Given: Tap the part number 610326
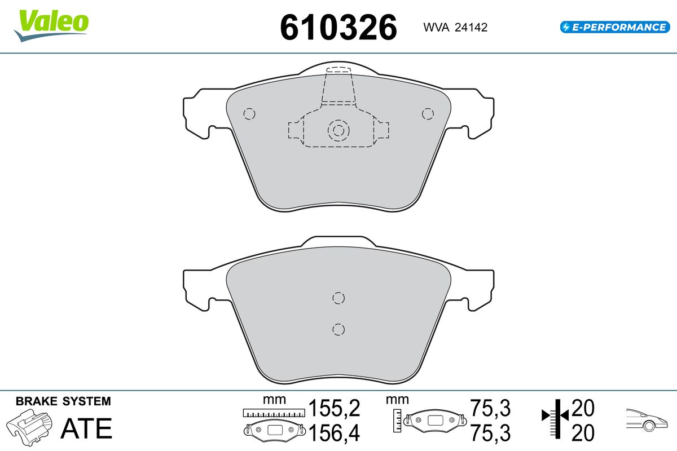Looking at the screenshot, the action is coord(338,28).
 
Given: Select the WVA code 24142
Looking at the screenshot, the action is coord(471,28).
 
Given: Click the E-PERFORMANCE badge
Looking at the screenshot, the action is coord(615,27).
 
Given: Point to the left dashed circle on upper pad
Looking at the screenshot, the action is coord(249,114).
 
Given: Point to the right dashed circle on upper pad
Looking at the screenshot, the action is coord(428,114).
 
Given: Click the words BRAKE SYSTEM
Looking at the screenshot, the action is coord(63,401).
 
